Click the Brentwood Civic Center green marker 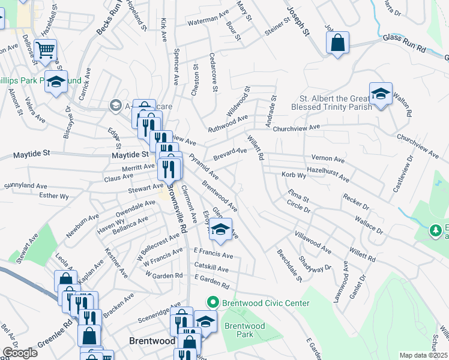212,303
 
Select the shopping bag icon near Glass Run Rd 338,43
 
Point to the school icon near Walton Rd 380,94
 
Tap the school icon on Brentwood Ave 221,229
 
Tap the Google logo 19,353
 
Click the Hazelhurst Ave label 328,175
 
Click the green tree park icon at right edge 435,230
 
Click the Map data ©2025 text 423,355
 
